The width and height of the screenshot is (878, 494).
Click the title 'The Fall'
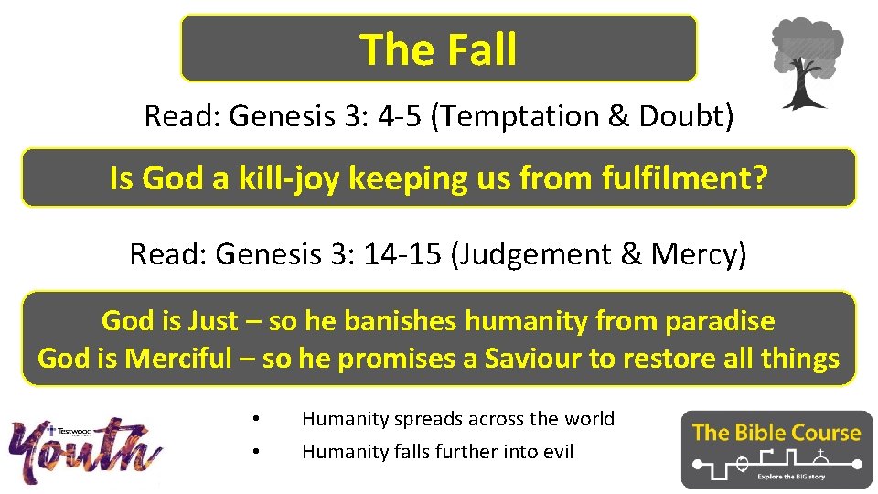(x=438, y=49)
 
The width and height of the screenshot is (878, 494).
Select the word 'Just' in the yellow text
(x=213, y=321)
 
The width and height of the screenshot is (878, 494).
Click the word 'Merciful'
(x=177, y=358)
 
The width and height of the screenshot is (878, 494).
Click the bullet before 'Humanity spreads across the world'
(x=257, y=419)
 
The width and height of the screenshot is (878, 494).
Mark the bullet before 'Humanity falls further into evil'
(x=257, y=452)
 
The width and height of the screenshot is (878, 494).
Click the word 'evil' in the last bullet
(x=556, y=452)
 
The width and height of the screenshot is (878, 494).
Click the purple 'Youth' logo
(x=87, y=450)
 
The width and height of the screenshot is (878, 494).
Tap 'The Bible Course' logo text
(x=776, y=433)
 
